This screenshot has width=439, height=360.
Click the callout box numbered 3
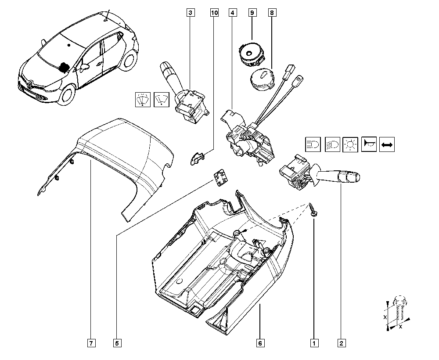[191, 13]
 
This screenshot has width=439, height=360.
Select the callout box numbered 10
[214, 13]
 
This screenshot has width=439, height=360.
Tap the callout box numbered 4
[233, 13]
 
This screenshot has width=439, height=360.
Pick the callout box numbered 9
[252, 13]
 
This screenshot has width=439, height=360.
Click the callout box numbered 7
[91, 343]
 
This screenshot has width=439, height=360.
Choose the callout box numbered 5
[117, 343]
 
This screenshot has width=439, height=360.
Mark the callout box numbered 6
[260, 343]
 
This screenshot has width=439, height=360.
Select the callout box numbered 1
[314, 343]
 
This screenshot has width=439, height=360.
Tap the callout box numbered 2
[341, 343]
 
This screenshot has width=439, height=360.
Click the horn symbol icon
[369, 144]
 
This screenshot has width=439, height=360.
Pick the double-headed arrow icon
[387, 144]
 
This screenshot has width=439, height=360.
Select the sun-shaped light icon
[350, 144]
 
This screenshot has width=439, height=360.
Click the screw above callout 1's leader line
[312, 210]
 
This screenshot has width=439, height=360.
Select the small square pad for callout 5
[221, 177]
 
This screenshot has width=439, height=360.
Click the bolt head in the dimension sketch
[400, 301]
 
